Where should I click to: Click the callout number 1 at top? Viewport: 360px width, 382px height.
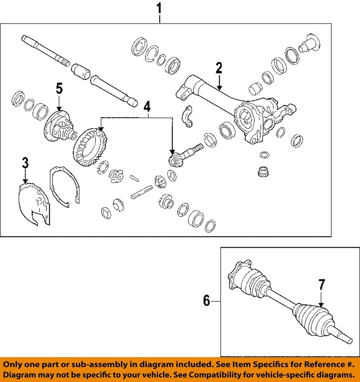159,8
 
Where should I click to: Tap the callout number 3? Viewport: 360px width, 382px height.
25,163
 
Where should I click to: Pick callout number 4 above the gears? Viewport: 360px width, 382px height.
147,107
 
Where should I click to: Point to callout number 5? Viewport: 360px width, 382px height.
59,88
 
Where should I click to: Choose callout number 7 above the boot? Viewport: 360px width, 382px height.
321,286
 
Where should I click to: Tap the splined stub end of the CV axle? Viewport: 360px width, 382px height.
344,339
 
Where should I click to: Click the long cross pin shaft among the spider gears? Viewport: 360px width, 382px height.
142,191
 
